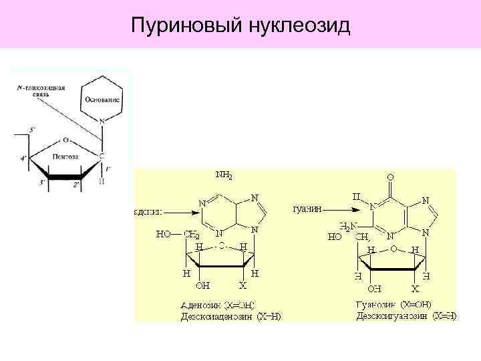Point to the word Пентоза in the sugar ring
tap(66, 156)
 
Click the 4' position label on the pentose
tap(25, 158)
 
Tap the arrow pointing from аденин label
tap(178, 212)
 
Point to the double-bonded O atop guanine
tap(390, 178)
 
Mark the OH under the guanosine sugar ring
tap(375, 289)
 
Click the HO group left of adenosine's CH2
tap(164, 235)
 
